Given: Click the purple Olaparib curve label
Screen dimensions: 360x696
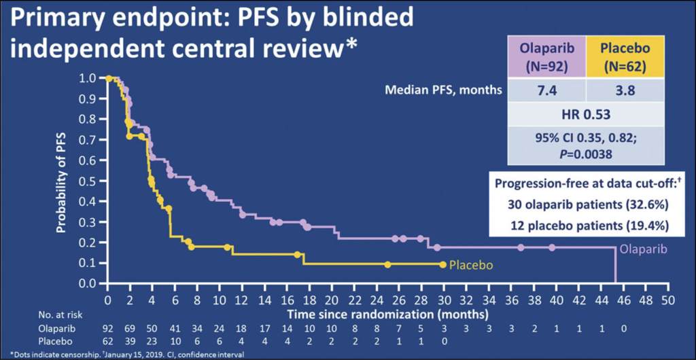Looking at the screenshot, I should (x=642, y=249).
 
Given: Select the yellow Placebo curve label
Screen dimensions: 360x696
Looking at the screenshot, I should (x=470, y=264).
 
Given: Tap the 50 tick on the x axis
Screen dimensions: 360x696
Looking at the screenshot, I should (x=667, y=299).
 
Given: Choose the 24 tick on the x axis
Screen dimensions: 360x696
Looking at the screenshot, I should (x=377, y=299).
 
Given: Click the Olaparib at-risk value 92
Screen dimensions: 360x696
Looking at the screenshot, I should (x=107, y=328).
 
